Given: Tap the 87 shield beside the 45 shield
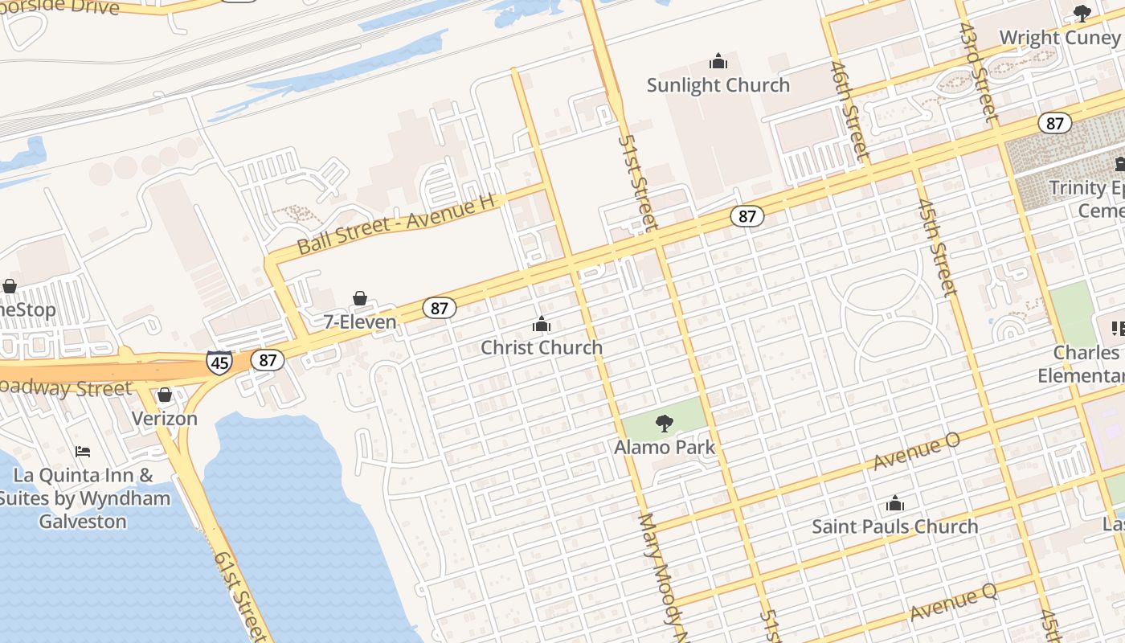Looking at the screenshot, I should pyautogui.click(x=268, y=360).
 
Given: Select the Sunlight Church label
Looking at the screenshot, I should pyautogui.click(x=718, y=85).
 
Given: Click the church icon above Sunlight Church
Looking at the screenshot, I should pyautogui.click(x=718, y=61).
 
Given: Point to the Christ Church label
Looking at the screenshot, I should pyautogui.click(x=542, y=347).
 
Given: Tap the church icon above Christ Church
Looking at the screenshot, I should pyautogui.click(x=542, y=324).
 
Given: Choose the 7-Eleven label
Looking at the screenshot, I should pyautogui.click(x=360, y=322).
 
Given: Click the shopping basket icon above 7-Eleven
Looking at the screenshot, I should pyautogui.click(x=360, y=299).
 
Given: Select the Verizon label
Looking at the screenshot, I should pyautogui.click(x=165, y=419).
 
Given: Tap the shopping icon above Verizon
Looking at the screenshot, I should pyautogui.click(x=165, y=395).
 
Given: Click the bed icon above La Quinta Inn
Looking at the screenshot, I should pyautogui.click(x=83, y=452).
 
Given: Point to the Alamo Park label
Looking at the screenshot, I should pyautogui.click(x=665, y=447).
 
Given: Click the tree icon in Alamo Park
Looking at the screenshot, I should pyautogui.click(x=665, y=423).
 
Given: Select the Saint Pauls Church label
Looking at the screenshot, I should pyautogui.click(x=894, y=527).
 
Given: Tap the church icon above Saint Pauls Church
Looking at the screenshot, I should pyautogui.click(x=894, y=504).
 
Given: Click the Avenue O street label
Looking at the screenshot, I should pyautogui.click(x=916, y=453).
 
